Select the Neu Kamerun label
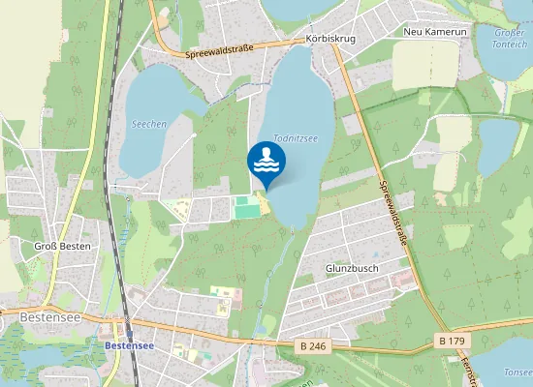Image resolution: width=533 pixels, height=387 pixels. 435,32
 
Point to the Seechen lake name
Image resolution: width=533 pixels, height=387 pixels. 149,125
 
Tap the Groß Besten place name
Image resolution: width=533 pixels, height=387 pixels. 62,246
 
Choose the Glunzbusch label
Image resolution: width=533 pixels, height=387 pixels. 350,268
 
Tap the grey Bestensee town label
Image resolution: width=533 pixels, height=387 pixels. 47,316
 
